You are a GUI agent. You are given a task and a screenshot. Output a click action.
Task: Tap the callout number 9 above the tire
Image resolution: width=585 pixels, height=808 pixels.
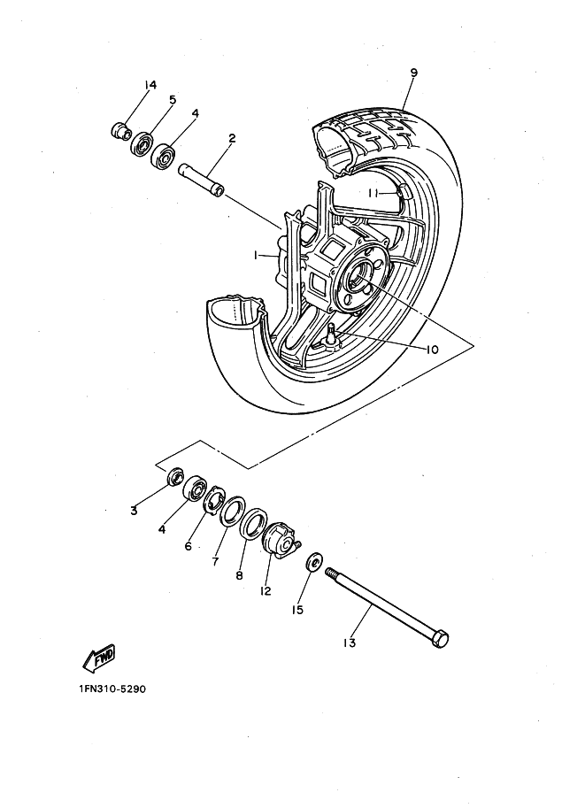tap(413, 73)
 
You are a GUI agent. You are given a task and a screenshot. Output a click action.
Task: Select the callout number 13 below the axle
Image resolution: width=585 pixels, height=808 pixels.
tap(350, 643)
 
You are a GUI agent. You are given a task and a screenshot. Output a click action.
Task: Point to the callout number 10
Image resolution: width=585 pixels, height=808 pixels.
tap(432, 350)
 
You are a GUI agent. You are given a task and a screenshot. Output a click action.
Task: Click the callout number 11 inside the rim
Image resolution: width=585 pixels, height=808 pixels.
tap(374, 193)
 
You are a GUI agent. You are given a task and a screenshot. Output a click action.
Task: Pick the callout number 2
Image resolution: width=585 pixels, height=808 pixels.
tap(232, 137)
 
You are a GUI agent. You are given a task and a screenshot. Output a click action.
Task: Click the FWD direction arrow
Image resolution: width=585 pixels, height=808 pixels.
tap(98, 658)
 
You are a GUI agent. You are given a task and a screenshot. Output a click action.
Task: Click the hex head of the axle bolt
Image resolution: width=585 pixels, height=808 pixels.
tap(440, 640)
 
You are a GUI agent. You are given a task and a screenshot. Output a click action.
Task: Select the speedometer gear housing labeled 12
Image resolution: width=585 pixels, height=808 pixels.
tap(281, 540)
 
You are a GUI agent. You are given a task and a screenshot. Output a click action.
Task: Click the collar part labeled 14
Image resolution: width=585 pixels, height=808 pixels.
tap(120, 130)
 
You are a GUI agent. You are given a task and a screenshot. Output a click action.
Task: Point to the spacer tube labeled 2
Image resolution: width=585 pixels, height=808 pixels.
tap(202, 180)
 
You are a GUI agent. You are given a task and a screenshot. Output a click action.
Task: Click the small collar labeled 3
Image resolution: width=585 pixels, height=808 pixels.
tap(175, 475)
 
